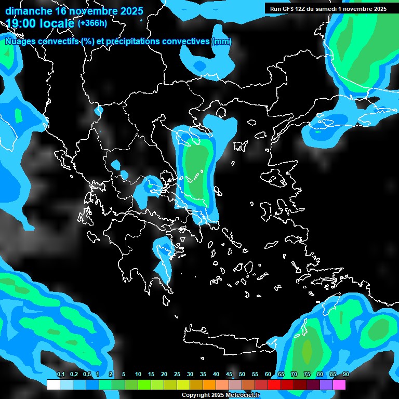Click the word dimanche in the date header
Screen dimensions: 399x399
pyautogui.click(x=29, y=11)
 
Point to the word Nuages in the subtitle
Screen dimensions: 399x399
pyautogui.click(x=20, y=42)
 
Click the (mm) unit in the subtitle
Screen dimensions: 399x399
pyautogui.click(x=221, y=42)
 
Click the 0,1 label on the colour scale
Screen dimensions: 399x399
pyautogui.click(x=60, y=375)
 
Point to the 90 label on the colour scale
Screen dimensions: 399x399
pyautogui.click(x=345, y=375)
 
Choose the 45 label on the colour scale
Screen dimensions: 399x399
pyautogui.click(x=229, y=375)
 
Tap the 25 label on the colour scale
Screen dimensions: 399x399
pyautogui.click(x=177, y=375)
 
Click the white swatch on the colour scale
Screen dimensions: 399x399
pyautogui.click(x=53, y=384)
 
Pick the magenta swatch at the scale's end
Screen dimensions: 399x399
pyautogui.click(x=339, y=384)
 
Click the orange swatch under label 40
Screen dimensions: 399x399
pyautogui.click(x=209, y=384)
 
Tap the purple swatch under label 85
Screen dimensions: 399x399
pyautogui.click(x=326, y=384)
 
